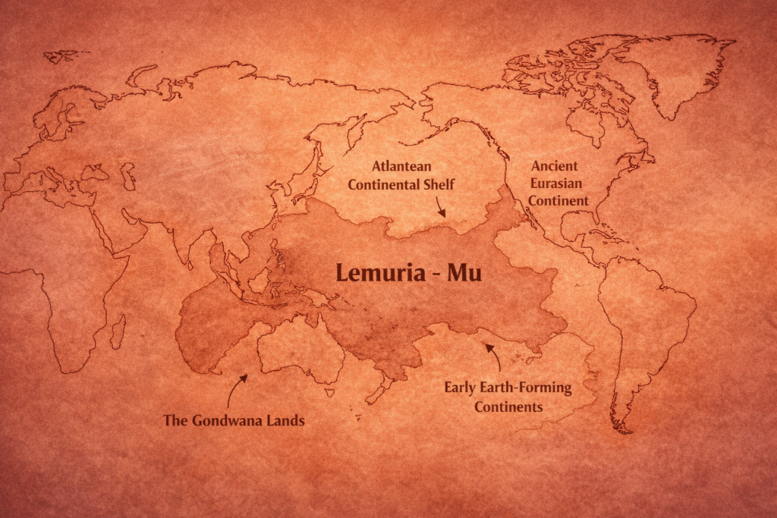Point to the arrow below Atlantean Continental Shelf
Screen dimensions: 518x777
439,206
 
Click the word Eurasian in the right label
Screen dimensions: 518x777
555,183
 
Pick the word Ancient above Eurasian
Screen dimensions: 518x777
555,165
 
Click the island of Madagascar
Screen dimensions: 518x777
118,331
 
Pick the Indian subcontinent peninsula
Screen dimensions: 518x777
182,243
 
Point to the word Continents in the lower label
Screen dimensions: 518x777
508,407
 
